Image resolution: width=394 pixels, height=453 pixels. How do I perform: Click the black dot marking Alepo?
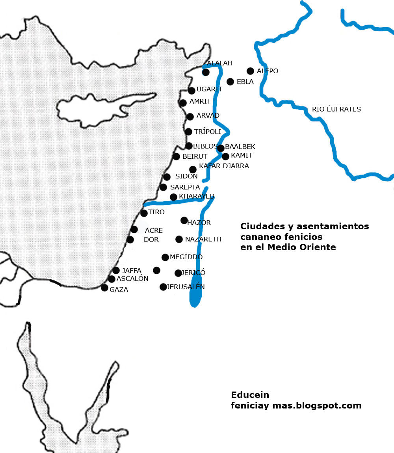pyautogui.click(x=250, y=71)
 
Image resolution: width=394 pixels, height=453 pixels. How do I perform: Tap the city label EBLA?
pyautogui.click(x=245, y=82)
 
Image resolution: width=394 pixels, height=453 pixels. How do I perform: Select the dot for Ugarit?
pyautogui.click(x=191, y=91)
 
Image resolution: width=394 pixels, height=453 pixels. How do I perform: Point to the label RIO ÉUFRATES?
pyautogui.click(x=336, y=109)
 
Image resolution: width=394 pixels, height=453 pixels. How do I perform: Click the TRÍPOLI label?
pyautogui.click(x=208, y=132)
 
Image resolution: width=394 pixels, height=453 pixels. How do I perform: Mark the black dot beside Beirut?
pyautogui.click(x=176, y=156)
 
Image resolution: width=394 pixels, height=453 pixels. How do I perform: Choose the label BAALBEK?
pyautogui.click(x=240, y=147)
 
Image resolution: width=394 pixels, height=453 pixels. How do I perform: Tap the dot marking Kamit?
pyautogui.click(x=225, y=156)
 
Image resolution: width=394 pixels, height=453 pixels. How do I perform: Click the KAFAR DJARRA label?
pyautogui.click(x=224, y=166)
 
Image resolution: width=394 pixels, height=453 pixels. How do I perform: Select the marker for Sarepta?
pyautogui.click(x=163, y=187)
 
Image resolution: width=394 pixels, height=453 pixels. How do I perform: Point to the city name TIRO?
pyautogui.click(x=156, y=212)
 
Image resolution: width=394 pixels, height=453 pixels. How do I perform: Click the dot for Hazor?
pyautogui.click(x=184, y=220)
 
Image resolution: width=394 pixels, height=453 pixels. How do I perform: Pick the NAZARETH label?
pyautogui.click(x=203, y=239)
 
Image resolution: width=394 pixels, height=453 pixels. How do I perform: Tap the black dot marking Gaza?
pyautogui.click(x=104, y=288)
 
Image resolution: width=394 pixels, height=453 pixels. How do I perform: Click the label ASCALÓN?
pyautogui.click(x=132, y=278)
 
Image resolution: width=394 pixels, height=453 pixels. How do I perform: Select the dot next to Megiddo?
pyautogui.click(x=165, y=257)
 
